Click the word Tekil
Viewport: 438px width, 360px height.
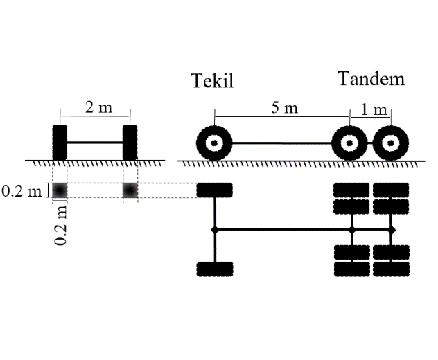click(213, 82)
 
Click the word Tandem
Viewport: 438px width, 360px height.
click(371, 79)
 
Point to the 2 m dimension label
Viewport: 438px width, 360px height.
click(98, 107)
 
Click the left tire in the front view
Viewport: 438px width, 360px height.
click(60, 143)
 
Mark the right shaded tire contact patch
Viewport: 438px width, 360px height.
click(130, 190)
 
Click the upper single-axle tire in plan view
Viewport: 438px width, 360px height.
click(214, 190)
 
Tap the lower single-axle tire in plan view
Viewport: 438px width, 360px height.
click(214, 269)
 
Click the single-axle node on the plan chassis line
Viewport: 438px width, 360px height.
click(214, 229)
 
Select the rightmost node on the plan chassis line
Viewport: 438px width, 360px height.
click(392, 229)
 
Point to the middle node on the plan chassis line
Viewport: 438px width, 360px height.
click(351, 229)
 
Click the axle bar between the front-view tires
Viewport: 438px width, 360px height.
click(96, 143)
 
